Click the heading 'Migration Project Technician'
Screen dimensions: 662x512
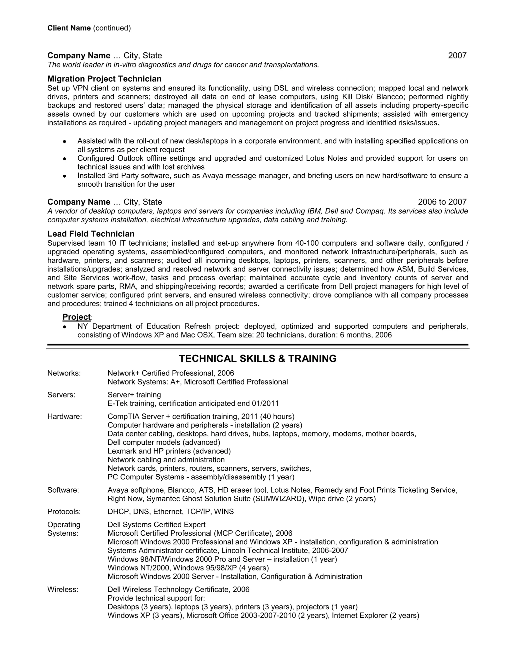point(104,79)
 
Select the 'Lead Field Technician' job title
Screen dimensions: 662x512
point(91,234)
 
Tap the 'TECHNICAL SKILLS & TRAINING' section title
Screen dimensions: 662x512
point(257,358)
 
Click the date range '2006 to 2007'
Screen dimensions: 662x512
point(442,202)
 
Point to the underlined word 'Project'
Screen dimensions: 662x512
point(76,317)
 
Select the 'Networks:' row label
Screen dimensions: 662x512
point(64,373)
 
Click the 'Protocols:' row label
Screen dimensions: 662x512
point(64,512)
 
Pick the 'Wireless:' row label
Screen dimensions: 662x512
point(63,590)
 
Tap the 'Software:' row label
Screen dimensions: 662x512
point(63,490)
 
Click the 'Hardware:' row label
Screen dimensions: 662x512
point(64,416)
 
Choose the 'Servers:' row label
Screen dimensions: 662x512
point(61,395)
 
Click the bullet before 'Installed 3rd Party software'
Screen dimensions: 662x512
point(64,176)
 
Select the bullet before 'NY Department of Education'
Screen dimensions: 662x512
point(64,327)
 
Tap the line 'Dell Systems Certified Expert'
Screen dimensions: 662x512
point(156,525)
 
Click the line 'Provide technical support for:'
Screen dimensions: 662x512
point(156,598)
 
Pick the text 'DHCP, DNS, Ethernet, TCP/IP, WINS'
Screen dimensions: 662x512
point(170,512)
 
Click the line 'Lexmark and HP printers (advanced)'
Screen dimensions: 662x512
point(169,451)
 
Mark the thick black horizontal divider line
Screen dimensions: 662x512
point(257,345)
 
